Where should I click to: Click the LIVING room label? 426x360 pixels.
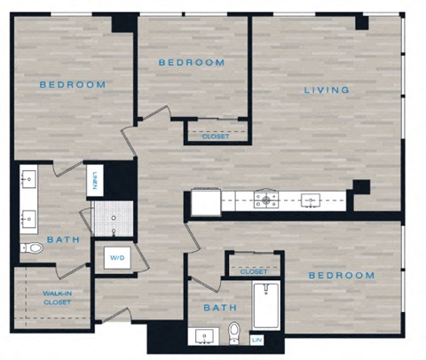click(x=327, y=90)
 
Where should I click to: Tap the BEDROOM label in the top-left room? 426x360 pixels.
click(x=73, y=85)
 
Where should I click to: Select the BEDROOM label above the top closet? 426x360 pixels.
click(x=192, y=63)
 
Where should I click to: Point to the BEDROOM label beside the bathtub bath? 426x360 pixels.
click(x=342, y=276)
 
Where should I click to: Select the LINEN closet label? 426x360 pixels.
click(x=93, y=181)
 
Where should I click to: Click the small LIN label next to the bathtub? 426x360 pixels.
click(x=258, y=339)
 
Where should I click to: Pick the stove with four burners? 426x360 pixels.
click(x=264, y=200)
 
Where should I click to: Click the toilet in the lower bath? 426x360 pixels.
click(x=234, y=333)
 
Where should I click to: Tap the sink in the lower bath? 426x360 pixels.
click(x=205, y=336)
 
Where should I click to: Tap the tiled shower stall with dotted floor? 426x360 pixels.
click(x=114, y=215)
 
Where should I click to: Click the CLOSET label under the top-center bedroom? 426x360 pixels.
click(x=216, y=137)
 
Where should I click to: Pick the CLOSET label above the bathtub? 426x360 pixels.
click(x=253, y=271)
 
